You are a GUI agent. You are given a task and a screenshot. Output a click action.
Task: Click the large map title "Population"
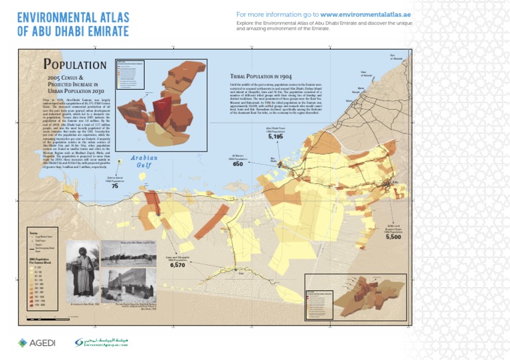click(x=74, y=64)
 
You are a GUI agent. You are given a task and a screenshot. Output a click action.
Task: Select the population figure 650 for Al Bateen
click(x=238, y=164)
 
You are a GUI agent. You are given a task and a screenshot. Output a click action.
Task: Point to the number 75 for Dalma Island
click(x=115, y=187)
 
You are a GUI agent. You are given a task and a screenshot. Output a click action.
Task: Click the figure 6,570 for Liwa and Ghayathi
click(x=177, y=264)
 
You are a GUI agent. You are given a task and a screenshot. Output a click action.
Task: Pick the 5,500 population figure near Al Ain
click(x=393, y=236)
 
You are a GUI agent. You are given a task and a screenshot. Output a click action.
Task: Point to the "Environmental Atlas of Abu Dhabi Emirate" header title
click(x=73, y=23)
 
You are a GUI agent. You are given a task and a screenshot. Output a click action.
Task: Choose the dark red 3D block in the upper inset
click(x=162, y=110)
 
